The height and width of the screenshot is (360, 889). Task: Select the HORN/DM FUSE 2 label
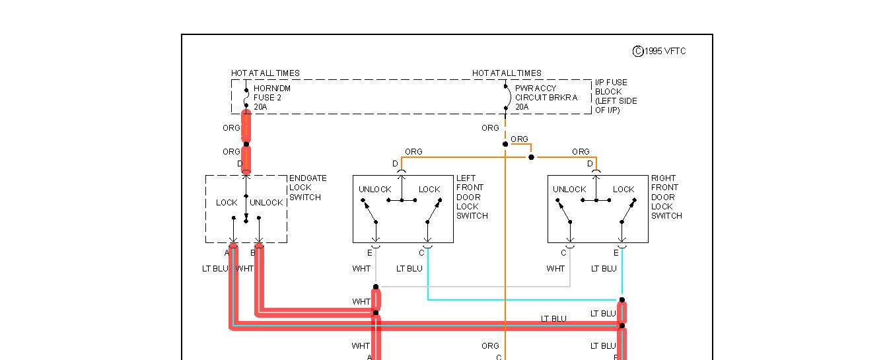[x=272, y=97]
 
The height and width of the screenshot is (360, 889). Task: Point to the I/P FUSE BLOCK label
[x=616, y=96]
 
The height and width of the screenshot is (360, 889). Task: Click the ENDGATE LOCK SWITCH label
[x=308, y=188]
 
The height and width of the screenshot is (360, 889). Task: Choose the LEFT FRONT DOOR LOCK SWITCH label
[x=472, y=198]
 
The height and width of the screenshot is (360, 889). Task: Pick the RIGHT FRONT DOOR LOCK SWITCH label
[x=666, y=198]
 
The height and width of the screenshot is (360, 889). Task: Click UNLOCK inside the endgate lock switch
[x=266, y=203]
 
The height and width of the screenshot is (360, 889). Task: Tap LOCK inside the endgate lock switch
[x=227, y=203]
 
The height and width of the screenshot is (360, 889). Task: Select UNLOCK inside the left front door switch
[x=375, y=190]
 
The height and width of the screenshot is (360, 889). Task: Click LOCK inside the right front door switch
[x=623, y=190]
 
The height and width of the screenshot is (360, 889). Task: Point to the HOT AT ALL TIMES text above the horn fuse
[x=265, y=73]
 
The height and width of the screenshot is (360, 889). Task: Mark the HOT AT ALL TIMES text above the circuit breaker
[x=507, y=73]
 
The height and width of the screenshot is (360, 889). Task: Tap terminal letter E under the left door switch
[x=370, y=252]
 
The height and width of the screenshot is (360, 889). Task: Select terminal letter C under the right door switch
[x=563, y=252]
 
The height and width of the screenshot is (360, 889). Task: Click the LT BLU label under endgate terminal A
[x=215, y=269]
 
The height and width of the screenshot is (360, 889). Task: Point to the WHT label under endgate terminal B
[x=244, y=269]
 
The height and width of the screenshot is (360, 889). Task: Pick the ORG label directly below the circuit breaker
[x=490, y=128]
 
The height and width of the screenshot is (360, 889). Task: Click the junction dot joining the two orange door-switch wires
[x=532, y=157]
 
